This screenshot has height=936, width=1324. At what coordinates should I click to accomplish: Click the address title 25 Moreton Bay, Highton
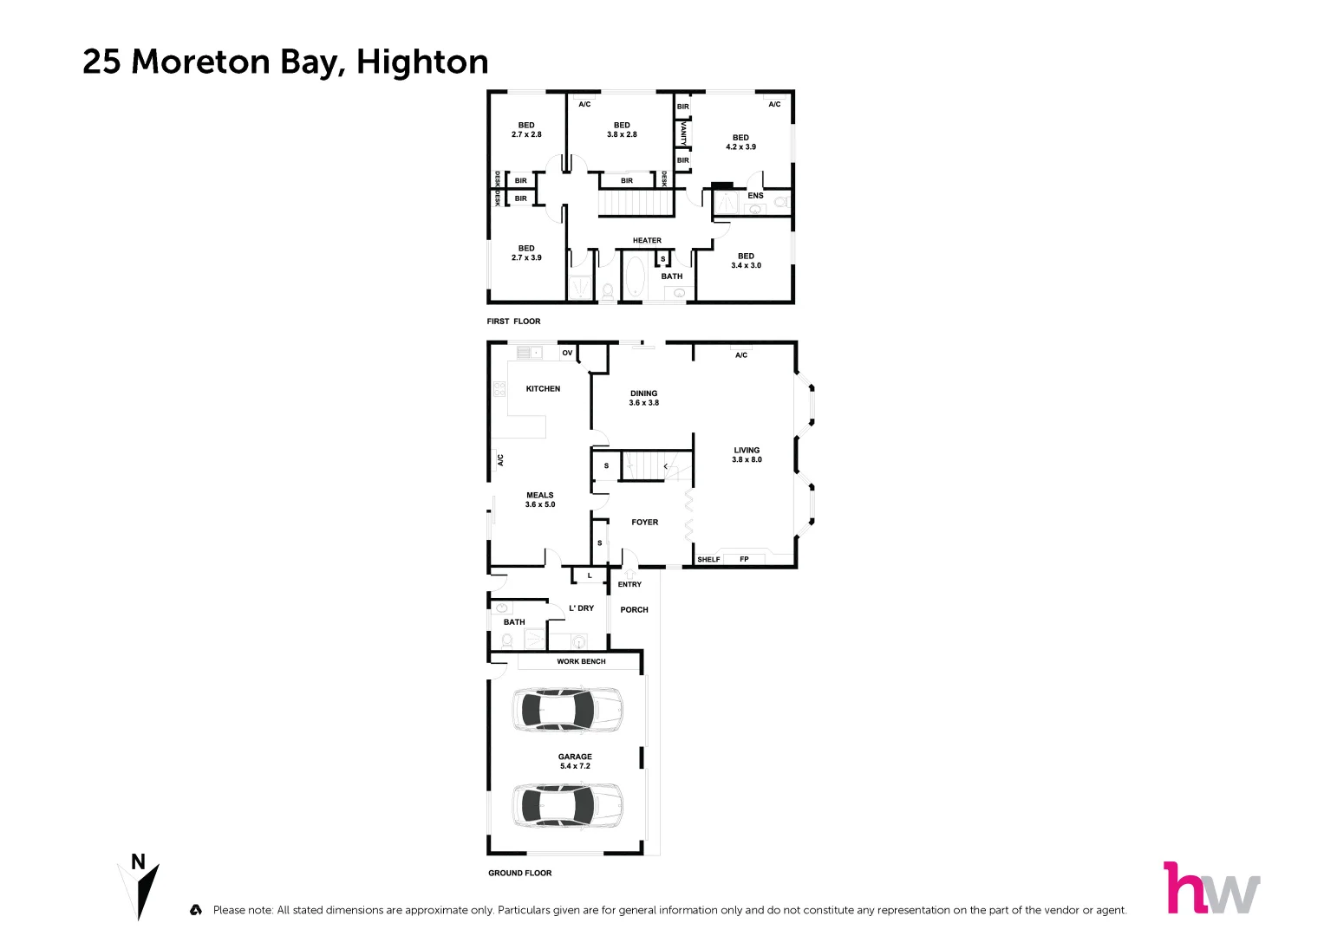(285, 62)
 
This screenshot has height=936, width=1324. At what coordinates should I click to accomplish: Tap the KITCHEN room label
(543, 389)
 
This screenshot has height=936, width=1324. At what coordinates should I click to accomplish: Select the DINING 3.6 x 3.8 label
(643, 398)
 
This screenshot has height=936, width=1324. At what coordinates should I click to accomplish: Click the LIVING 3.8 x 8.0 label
(747, 455)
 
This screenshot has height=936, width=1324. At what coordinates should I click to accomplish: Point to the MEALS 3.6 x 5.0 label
(539, 500)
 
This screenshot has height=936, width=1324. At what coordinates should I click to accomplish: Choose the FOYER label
(644, 523)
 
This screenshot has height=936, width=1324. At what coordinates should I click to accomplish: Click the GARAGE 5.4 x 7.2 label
(575, 761)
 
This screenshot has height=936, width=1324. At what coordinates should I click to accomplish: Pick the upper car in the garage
(567, 711)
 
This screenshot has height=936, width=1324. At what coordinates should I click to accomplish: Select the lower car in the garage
(567, 805)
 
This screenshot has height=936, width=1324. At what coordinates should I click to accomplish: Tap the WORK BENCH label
(581, 661)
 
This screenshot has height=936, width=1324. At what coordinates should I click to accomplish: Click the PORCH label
(634, 610)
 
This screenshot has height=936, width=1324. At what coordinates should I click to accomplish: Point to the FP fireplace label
(744, 559)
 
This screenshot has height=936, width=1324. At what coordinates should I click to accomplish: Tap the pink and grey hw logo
(1210, 888)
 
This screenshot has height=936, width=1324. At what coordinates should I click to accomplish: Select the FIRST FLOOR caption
(513, 322)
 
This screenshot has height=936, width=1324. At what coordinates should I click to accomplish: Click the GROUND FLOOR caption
(519, 873)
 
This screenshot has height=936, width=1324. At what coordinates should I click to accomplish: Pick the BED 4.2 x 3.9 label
(740, 142)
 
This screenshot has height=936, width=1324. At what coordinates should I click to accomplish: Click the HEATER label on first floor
(647, 241)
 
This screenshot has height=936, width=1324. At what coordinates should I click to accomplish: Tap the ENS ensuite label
(755, 196)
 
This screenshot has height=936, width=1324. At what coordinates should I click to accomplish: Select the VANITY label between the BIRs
(683, 133)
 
